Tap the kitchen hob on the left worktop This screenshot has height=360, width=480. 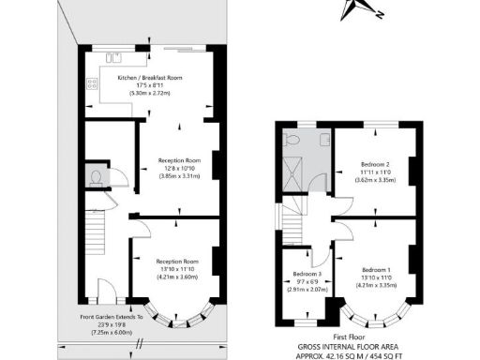coord(93,83)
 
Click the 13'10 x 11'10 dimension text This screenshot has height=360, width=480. coord(178,268)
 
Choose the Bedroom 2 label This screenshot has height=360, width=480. coord(375,165)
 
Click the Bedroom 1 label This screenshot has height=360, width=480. coord(375,268)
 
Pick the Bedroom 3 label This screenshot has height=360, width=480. coord(307,274)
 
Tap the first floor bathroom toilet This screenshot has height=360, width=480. coord(292,141)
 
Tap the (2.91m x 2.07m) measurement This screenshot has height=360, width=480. coord(307,291)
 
